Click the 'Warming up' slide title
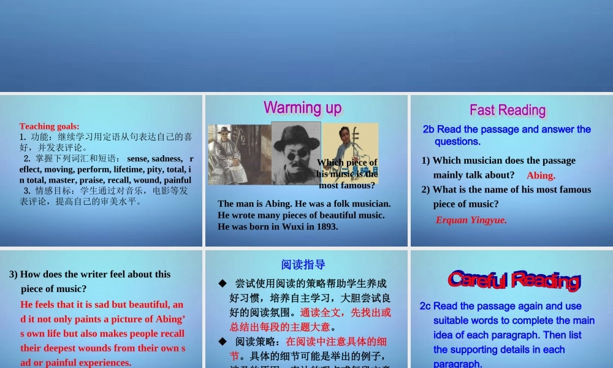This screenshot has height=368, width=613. (302, 108)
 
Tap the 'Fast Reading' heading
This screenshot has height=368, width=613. (508, 110)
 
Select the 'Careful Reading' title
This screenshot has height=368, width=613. (514, 280)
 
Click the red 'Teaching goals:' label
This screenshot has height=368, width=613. (49, 126)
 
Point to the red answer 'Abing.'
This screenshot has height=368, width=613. (541, 175)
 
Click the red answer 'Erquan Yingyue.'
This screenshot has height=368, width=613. (471, 220)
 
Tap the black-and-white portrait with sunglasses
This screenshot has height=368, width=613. (296, 153)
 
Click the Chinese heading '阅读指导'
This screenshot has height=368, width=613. (303, 264)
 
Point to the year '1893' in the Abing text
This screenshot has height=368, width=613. (326, 226)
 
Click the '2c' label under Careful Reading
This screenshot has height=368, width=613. (425, 306)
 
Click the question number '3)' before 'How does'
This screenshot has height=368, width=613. (13, 274)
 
